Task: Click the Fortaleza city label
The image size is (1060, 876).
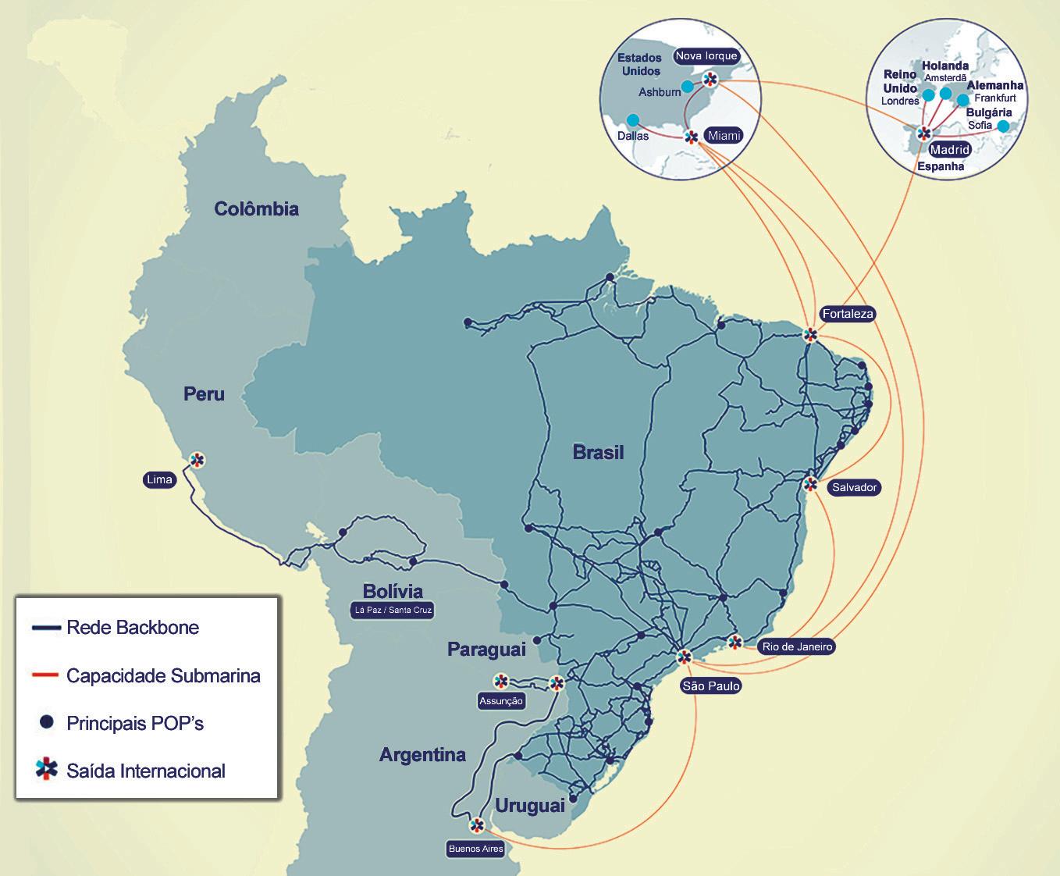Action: click(x=848, y=314)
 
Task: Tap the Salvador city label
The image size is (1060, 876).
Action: click(x=855, y=487)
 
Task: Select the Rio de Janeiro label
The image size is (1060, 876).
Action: click(x=797, y=646)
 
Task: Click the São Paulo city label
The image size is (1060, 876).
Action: click(x=710, y=686)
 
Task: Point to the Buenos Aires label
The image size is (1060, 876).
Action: click(x=475, y=849)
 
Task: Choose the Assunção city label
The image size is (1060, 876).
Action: click(x=501, y=701)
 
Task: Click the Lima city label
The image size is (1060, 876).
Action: click(x=159, y=479)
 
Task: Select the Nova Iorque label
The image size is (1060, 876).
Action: click(x=706, y=55)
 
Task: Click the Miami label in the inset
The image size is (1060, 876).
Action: click(x=723, y=136)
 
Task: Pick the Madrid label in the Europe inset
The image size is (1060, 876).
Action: click(x=950, y=149)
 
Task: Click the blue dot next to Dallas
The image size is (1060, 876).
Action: click(x=633, y=120)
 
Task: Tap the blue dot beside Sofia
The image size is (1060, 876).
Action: click(x=1003, y=126)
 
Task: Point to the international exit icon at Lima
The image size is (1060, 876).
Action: click(x=197, y=459)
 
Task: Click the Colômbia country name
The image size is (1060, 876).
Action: click(x=256, y=208)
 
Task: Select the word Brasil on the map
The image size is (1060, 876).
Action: click(x=598, y=452)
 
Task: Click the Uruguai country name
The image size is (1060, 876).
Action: click(x=529, y=806)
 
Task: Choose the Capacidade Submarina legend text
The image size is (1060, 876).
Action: click(x=163, y=675)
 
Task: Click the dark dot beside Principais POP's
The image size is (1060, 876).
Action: click(x=47, y=722)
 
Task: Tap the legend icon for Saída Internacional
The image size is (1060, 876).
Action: click(x=47, y=770)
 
